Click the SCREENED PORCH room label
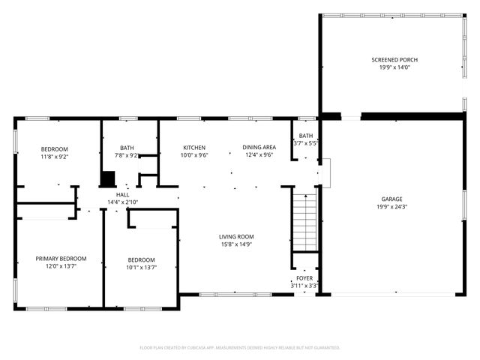point(394,60)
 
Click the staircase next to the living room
point(304,223)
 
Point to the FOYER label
point(304,277)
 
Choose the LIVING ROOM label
point(236,236)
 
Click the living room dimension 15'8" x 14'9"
point(236,244)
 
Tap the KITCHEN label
point(194,148)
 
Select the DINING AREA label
point(258,148)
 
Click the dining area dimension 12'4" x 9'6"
point(258,156)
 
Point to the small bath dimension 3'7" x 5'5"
point(305,143)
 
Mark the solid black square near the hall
point(108,179)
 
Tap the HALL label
point(122,194)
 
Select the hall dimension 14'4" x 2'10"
point(122,202)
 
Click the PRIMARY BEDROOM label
point(56,259)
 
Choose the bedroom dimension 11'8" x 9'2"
point(54,157)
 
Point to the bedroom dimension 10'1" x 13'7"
point(141,267)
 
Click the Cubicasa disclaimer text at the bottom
point(240,348)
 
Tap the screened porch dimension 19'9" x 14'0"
point(394,68)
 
